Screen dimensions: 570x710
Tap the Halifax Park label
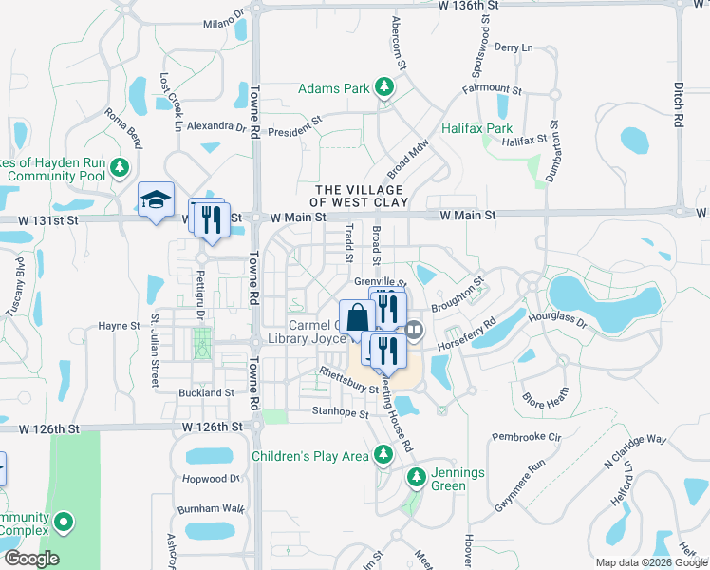coord(476,128)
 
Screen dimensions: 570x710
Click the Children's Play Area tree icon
coord(383,456)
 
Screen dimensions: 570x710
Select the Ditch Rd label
coord(679,104)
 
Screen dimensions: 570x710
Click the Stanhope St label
coord(340,413)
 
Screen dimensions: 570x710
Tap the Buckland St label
coord(206,392)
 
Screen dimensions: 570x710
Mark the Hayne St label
coord(119,326)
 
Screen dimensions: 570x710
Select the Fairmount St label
coord(492,89)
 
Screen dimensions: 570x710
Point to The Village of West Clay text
coord(362,196)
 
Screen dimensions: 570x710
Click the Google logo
coord(30,559)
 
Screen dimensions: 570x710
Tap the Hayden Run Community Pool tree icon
coord(119,168)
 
